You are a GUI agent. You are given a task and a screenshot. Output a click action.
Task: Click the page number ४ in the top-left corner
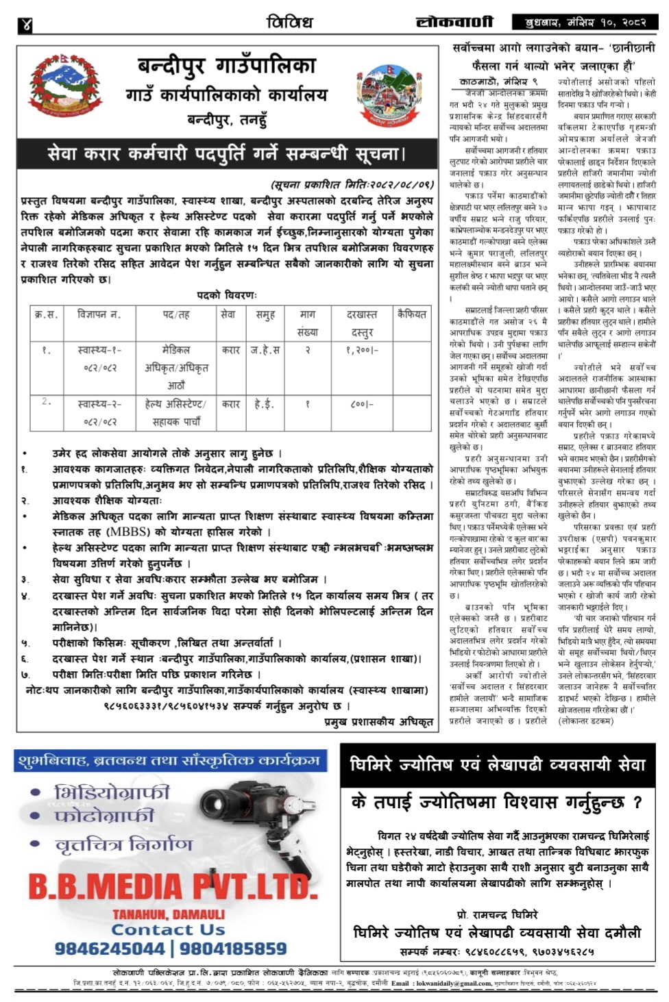click(26, 25)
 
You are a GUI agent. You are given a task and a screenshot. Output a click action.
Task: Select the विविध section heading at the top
click(289, 22)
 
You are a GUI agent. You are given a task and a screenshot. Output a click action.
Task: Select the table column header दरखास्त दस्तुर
click(362, 323)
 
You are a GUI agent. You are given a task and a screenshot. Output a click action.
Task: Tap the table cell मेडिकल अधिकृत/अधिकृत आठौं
click(176, 368)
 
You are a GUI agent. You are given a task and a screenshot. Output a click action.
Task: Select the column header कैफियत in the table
click(412, 314)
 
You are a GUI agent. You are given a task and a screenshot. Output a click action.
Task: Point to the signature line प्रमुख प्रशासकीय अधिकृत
click(378, 722)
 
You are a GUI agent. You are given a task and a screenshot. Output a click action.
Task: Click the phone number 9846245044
click(110, 949)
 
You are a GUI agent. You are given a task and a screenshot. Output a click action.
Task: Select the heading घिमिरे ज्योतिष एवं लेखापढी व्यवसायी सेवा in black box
click(498, 766)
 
